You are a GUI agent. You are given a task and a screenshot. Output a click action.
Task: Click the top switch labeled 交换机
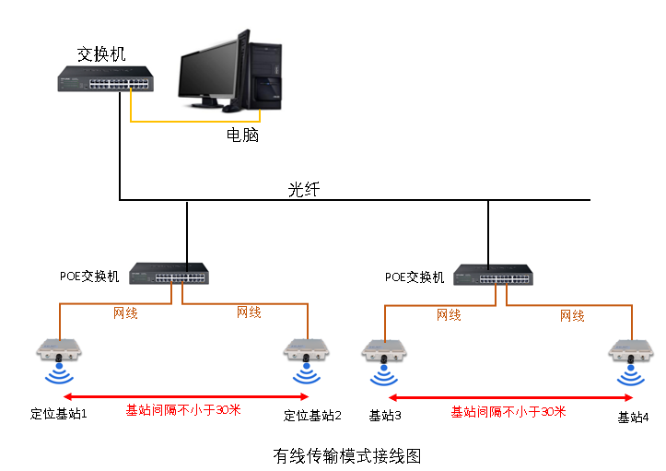tap(105, 78)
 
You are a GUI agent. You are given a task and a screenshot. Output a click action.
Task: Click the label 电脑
tap(242, 135)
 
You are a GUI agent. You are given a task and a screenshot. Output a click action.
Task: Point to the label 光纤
tap(304, 189)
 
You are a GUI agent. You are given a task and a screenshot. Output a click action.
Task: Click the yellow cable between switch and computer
tap(195, 121)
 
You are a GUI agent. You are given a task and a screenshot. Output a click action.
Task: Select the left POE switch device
tap(169, 274)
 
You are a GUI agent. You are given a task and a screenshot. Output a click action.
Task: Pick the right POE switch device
tap(493, 275)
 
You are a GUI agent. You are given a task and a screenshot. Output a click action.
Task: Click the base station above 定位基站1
tap(59, 350)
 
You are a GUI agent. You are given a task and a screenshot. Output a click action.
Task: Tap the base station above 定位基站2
tap(306, 350)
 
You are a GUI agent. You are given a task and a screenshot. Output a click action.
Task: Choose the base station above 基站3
tap(384, 352)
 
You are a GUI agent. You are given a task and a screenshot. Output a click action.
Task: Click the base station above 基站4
tap(631, 352)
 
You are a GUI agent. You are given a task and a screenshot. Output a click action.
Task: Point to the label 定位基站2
tap(312, 416)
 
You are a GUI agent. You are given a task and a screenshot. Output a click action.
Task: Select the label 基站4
tap(633, 418)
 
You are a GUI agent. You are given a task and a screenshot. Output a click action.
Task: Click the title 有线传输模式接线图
tap(347, 456)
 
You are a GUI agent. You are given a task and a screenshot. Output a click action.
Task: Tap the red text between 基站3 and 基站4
tap(508, 411)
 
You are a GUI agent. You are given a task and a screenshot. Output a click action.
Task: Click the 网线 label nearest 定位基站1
tap(125, 313)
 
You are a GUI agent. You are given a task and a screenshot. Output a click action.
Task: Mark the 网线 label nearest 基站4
tap(572, 316)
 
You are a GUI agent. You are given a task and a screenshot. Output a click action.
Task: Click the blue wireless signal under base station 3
tap(384, 376)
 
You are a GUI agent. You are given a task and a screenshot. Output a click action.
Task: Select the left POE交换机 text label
tap(89, 277)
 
